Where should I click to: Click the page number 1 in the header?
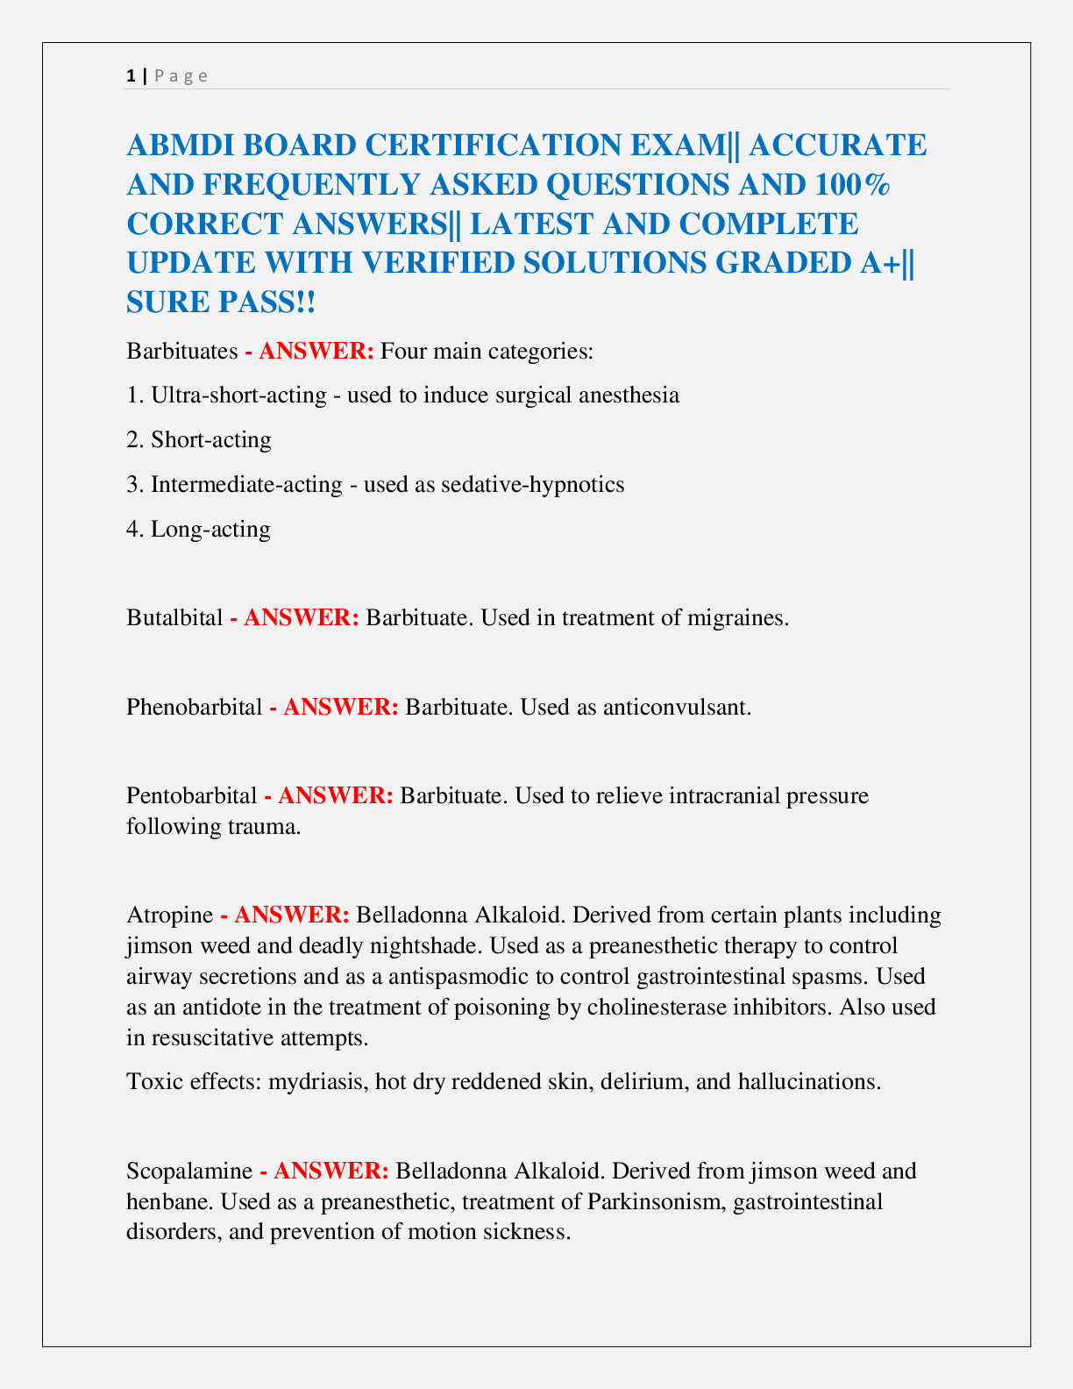[131, 75]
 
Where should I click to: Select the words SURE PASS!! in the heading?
[221, 303]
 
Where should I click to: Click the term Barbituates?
[181, 352]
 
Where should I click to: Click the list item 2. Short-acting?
[199, 439]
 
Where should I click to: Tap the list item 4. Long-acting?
[198, 529]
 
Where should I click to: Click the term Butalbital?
[174, 617]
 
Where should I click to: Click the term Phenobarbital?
[194, 707]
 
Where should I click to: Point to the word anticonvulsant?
[677, 707]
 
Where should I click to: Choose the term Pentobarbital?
[191, 796]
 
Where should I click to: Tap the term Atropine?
[169, 915]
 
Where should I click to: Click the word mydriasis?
[317, 1081]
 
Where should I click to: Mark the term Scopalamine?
[189, 1171]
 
